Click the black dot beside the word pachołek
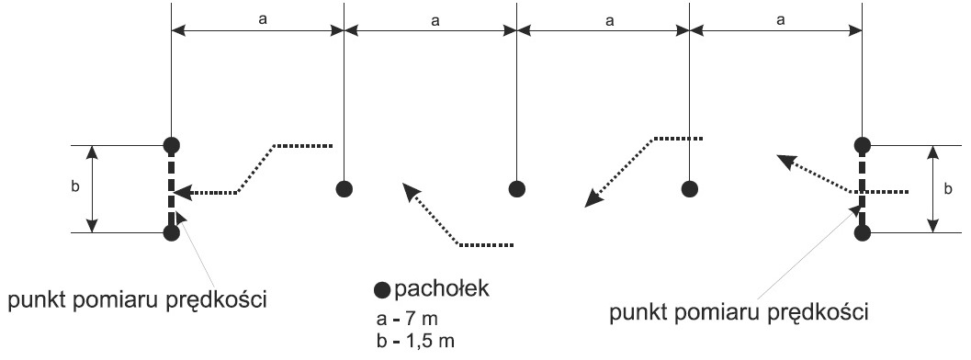tap(383, 289)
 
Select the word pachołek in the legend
tap(442, 288)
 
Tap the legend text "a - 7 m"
tap(408, 320)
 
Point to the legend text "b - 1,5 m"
tap(415, 341)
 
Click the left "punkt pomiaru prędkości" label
tap(137, 301)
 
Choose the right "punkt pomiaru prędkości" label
tap(739, 313)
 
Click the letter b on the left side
tap(75, 186)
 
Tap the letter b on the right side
tap(948, 189)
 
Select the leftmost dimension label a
tap(263, 20)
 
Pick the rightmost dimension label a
tap(781, 20)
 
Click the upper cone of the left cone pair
tap(172, 145)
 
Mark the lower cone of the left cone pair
tap(172, 233)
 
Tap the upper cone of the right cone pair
tap(862, 145)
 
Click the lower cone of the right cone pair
tap(862, 233)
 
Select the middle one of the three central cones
tap(517, 188)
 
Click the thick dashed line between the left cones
tap(172, 189)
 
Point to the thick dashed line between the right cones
tap(862, 189)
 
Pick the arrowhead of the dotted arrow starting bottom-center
tap(412, 191)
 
